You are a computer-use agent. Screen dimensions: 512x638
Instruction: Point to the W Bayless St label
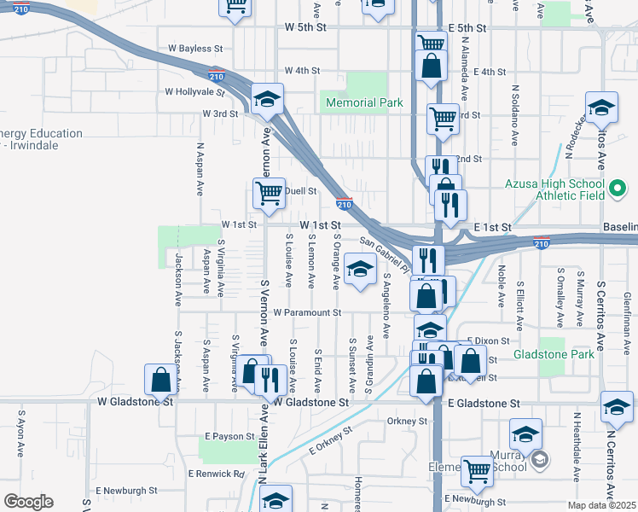coord(195,49)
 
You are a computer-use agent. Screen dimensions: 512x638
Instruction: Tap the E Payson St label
coord(229,436)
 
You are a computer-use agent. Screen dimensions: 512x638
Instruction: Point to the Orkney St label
coord(406,421)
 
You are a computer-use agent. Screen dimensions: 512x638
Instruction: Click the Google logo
coord(28,502)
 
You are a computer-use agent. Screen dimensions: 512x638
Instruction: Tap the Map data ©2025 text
coord(601,505)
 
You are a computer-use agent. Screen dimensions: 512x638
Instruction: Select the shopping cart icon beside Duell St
coord(270,193)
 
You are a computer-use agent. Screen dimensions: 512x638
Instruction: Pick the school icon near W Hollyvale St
coord(267,100)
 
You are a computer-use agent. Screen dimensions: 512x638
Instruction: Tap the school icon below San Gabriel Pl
coord(361,271)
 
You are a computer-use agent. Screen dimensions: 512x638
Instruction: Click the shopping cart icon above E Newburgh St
coord(477,470)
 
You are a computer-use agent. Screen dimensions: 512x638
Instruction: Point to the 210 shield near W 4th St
coord(217,74)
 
